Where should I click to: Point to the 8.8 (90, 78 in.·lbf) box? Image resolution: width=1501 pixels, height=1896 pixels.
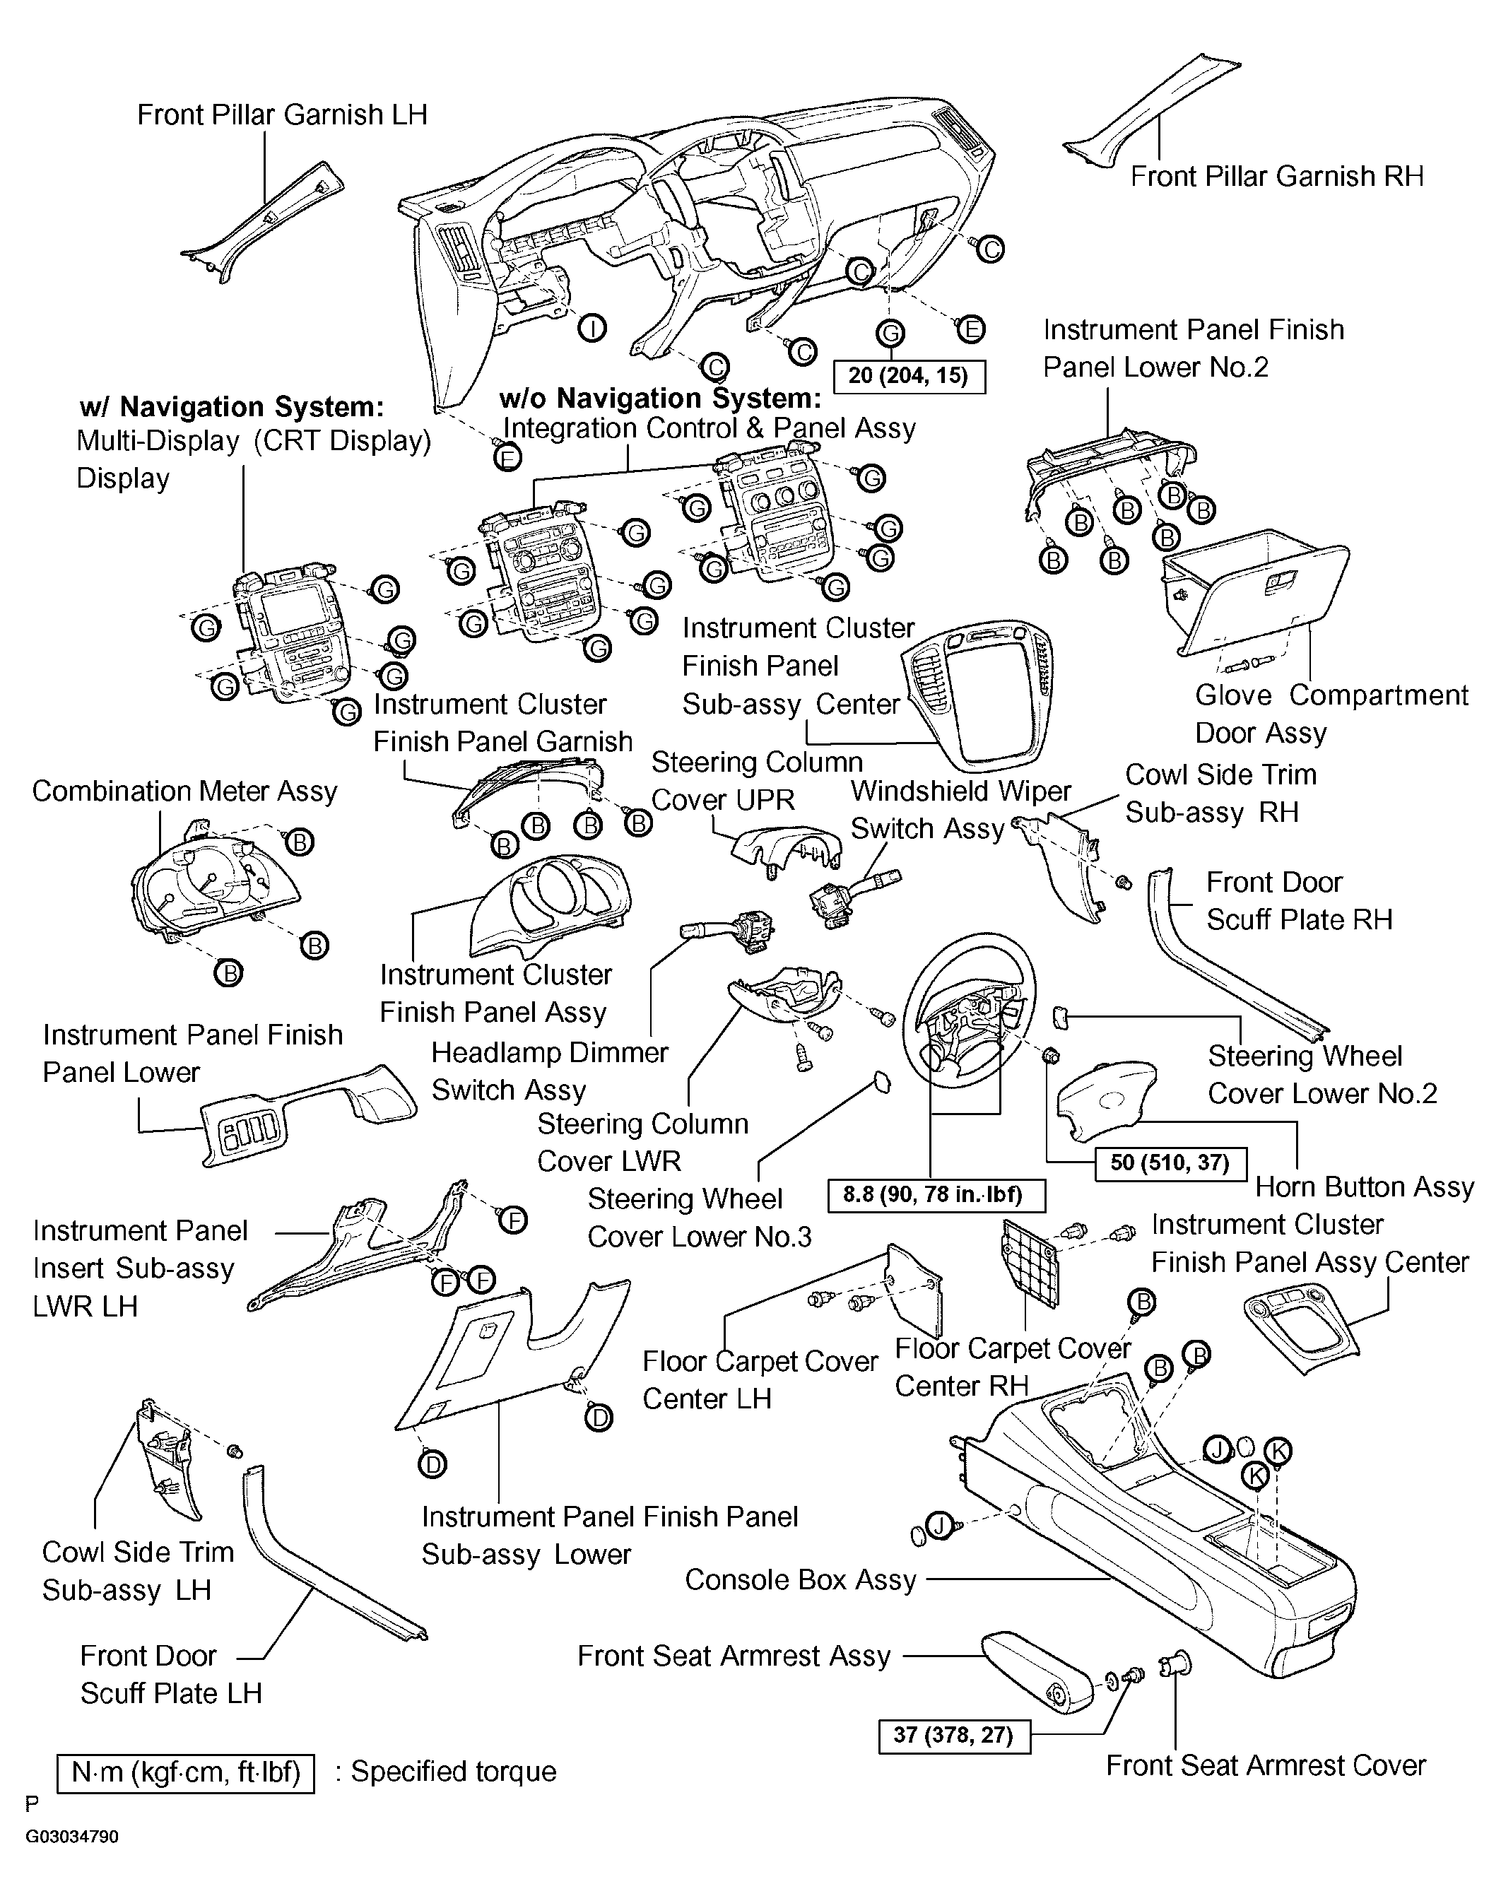[938, 1195]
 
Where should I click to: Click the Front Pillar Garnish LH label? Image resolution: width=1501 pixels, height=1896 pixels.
[282, 114]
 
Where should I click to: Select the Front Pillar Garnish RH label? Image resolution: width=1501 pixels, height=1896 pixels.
[1276, 176]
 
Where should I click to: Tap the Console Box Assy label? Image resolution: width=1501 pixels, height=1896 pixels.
[801, 1579]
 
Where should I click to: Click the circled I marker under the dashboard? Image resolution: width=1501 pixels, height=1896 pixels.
[592, 329]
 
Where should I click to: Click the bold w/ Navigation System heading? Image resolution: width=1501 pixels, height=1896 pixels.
[232, 407]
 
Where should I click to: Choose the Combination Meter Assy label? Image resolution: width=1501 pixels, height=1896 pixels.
[184, 791]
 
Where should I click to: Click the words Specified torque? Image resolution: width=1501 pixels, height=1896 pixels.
[454, 1771]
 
